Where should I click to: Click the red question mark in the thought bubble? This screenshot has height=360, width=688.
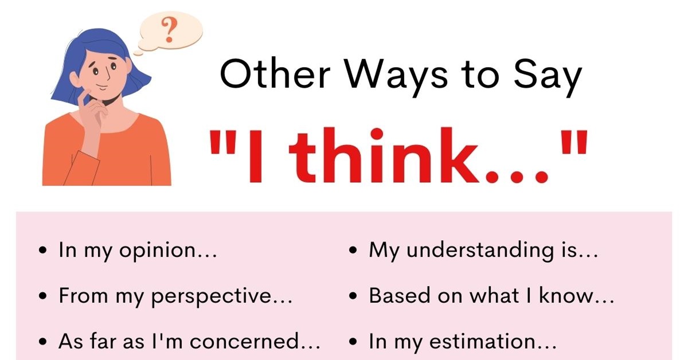[170, 29]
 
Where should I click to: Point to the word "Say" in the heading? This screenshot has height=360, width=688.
[548, 79]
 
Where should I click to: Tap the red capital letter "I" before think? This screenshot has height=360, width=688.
[255, 156]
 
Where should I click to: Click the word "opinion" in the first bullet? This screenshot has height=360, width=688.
[158, 251]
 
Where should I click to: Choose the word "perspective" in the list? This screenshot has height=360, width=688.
[212, 297]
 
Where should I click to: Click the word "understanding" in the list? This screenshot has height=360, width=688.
[480, 251]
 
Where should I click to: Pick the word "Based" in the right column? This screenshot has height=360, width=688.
[399, 295]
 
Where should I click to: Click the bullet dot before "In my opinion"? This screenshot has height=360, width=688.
[43, 251]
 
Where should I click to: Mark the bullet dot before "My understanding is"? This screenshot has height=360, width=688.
[353, 251]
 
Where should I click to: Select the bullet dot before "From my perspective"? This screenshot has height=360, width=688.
[43, 296]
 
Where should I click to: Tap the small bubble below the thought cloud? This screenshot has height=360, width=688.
[138, 53]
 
